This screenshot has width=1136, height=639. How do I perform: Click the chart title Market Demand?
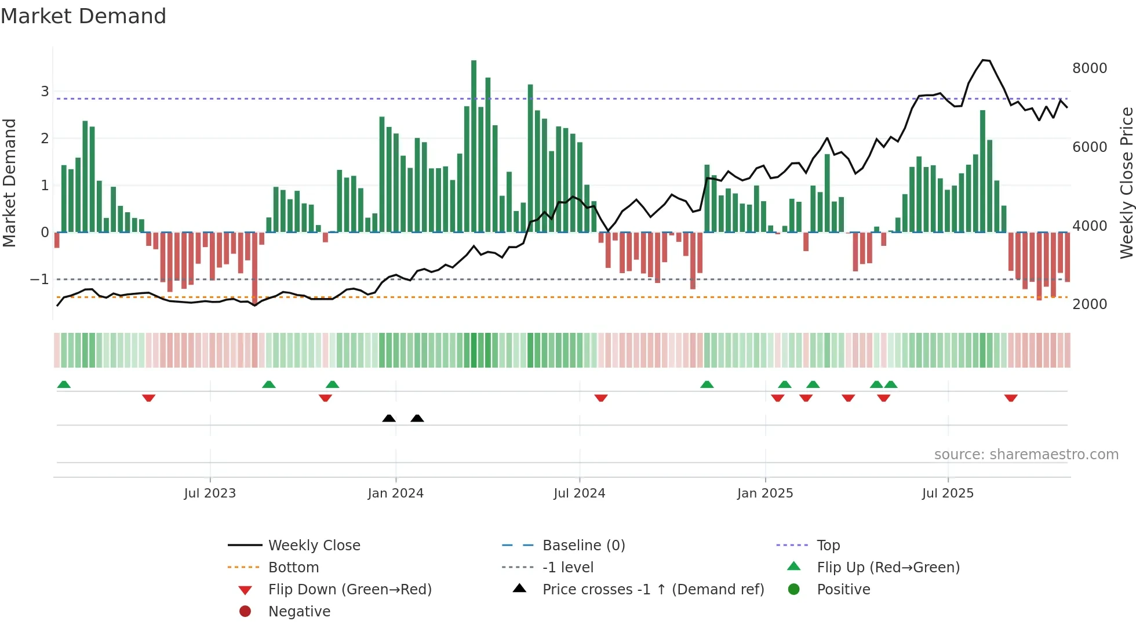[x=83, y=16]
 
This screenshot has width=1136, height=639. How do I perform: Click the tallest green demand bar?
[x=474, y=145]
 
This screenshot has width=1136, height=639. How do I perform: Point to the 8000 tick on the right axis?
[x=1089, y=68]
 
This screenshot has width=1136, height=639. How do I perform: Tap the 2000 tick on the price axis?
[x=1089, y=304]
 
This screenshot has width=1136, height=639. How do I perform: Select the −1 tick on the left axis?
[x=39, y=279]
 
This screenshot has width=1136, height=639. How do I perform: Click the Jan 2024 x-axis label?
[x=395, y=493]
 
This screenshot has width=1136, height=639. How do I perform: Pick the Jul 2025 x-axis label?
[x=948, y=493]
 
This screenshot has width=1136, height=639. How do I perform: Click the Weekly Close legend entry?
[x=314, y=546]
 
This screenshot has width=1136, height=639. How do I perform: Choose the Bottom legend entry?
[x=293, y=568]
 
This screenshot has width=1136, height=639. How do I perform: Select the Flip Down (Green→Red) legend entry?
[x=349, y=590]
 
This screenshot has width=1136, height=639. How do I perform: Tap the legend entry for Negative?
[x=299, y=612]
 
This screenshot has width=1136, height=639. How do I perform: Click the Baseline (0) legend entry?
[x=583, y=546]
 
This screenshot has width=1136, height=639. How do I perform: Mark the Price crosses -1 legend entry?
[x=653, y=590]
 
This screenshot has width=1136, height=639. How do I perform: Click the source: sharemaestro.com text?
[x=1026, y=455]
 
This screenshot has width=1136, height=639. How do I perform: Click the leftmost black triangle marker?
[x=389, y=418]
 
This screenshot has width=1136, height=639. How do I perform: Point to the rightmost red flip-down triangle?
[x=1011, y=398]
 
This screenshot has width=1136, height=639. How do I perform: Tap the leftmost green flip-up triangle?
[x=64, y=384]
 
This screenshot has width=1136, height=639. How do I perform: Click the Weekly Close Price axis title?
[x=1126, y=183]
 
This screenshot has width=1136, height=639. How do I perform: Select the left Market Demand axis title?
[x=9, y=183]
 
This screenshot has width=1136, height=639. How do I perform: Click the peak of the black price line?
[x=983, y=60]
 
